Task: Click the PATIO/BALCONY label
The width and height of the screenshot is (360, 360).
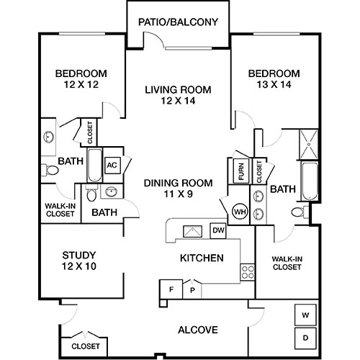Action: (178, 22)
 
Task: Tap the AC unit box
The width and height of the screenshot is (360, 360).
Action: (112, 165)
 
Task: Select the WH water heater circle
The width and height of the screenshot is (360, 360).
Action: (239, 212)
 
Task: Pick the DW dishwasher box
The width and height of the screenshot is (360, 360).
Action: (217, 230)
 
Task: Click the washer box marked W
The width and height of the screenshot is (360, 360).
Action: (305, 315)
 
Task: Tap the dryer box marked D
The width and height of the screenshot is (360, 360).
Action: (305, 336)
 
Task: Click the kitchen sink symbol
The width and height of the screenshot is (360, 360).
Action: (192, 231)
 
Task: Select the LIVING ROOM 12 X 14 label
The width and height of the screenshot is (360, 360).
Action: (178, 95)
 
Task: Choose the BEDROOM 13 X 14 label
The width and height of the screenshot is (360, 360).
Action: (273, 78)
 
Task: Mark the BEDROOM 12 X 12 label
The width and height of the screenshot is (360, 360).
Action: (81, 78)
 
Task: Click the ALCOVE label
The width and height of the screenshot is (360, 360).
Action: (197, 330)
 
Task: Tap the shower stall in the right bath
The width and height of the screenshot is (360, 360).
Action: (310, 145)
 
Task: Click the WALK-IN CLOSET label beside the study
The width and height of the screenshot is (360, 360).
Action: (56, 209)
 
